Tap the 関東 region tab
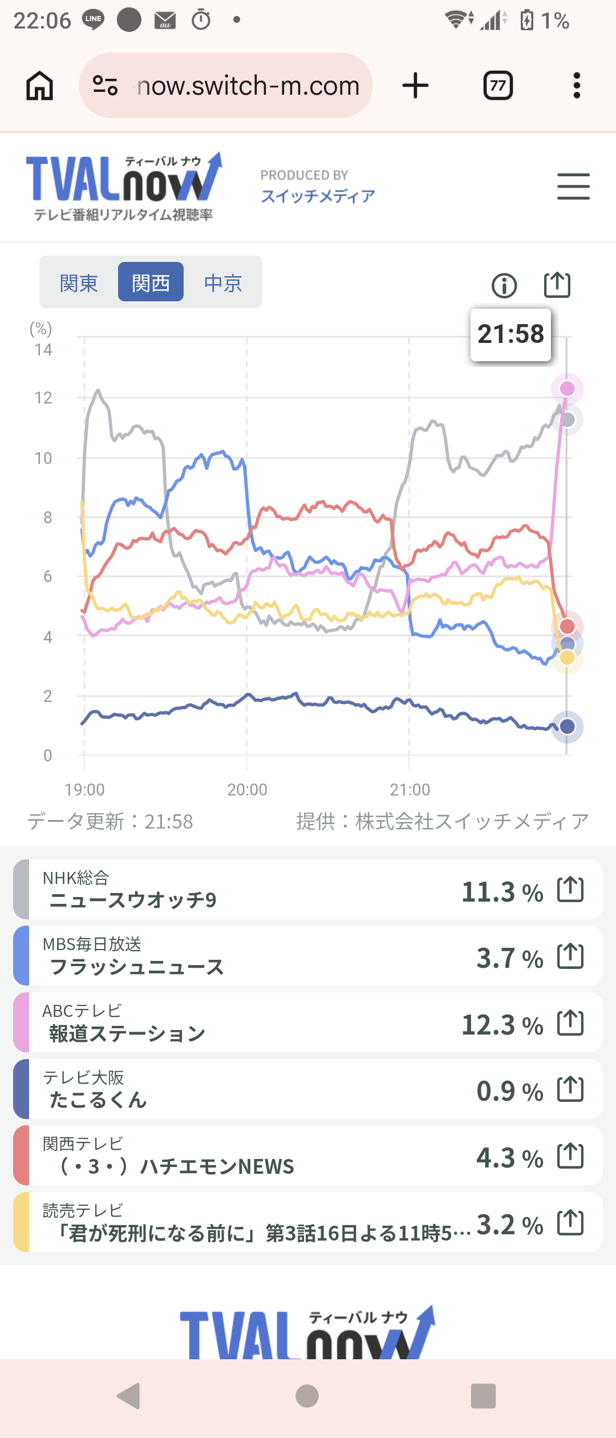click(x=79, y=282)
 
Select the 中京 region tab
click(x=223, y=282)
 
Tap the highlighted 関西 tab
click(x=151, y=282)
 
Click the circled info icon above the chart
click(x=504, y=285)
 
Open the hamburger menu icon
click(x=573, y=186)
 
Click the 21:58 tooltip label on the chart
click(x=510, y=334)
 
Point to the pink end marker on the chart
click(x=567, y=389)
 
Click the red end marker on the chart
click(x=567, y=626)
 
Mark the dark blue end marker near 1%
click(x=567, y=726)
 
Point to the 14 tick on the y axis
click(x=43, y=350)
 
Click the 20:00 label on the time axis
click(x=247, y=790)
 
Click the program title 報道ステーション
click(x=127, y=1033)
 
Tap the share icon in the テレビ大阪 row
click(x=570, y=1089)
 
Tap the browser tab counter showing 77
click(x=498, y=86)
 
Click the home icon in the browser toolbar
click(x=40, y=86)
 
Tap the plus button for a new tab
click(x=415, y=86)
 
